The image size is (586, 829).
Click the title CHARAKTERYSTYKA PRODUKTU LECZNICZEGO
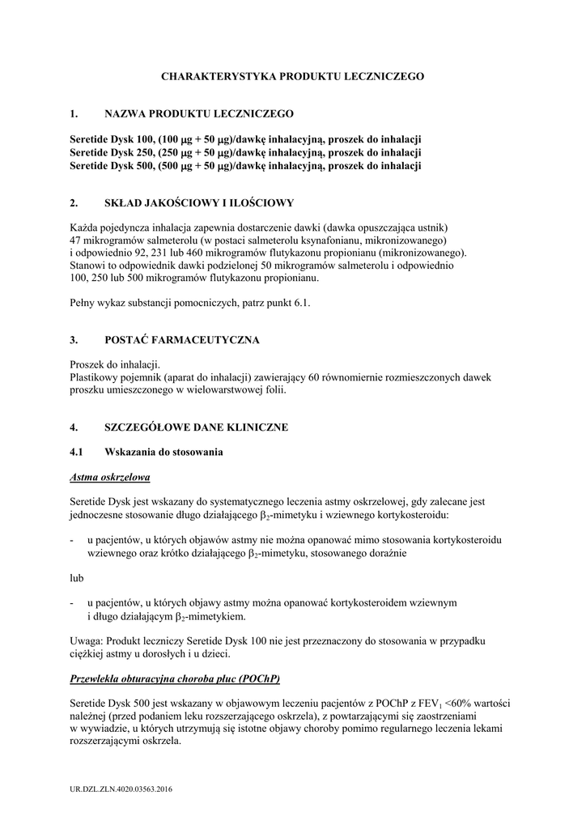point(292,76)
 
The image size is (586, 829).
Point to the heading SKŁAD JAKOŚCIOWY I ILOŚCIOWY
point(199,202)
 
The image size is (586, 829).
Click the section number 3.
point(74,340)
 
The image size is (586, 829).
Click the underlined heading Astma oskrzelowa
point(110,477)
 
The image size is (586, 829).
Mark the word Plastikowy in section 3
point(96,378)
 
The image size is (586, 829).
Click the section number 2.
point(74,202)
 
